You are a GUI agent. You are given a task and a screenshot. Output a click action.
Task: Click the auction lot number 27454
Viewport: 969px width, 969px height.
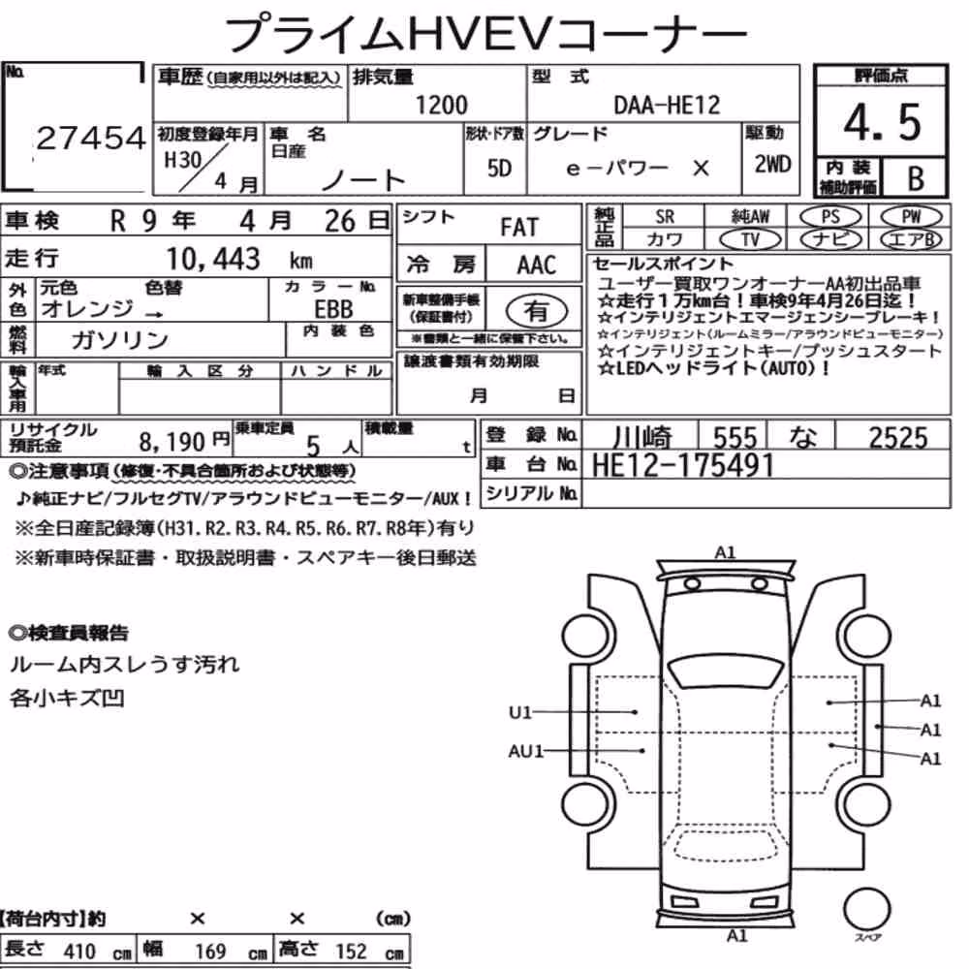tap(91, 138)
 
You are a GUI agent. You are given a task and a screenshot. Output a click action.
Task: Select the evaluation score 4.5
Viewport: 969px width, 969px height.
tap(882, 122)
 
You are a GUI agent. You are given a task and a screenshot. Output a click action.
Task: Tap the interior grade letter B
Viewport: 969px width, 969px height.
tap(916, 178)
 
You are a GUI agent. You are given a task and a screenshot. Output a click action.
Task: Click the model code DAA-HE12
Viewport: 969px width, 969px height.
tap(667, 105)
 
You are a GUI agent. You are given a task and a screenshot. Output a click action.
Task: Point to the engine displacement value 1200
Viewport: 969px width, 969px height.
tap(441, 105)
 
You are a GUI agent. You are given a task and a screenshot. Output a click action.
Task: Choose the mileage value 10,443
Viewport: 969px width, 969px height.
tap(213, 259)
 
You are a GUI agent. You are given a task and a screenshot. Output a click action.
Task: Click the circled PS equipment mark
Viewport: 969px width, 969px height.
tap(830, 216)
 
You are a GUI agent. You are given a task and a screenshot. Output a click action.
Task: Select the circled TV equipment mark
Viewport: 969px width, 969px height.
tap(750, 239)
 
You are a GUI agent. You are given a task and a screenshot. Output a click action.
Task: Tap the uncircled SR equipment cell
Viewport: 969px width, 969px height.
tap(665, 216)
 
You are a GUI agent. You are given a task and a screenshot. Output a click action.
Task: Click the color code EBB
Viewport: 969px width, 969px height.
tap(333, 308)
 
